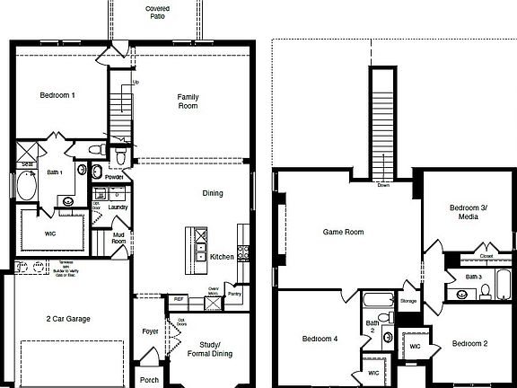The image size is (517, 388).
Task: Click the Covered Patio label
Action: pos(158,13)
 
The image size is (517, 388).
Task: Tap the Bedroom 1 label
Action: pos(57,95)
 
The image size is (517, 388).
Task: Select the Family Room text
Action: pos(188,101)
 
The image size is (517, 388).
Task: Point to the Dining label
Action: pos(213,193)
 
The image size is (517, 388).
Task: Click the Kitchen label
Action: pos(222,257)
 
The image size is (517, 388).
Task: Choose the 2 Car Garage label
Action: pos(68,318)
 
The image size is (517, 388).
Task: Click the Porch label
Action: pos(149,379)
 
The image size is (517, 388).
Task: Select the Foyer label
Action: pos(150,331)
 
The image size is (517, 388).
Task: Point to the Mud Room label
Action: pos(118,239)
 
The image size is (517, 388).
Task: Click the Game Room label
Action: pos(343,232)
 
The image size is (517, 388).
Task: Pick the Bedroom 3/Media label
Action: pos(468,212)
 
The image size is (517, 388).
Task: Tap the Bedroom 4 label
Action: pos(320,339)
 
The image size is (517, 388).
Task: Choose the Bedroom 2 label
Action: pos(469,343)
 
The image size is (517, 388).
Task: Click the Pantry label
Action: pos(235,293)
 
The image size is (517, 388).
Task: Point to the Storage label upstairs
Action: pos(408,301)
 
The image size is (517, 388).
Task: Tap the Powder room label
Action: pos(114,177)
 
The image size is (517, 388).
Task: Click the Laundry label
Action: pos(118,207)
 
